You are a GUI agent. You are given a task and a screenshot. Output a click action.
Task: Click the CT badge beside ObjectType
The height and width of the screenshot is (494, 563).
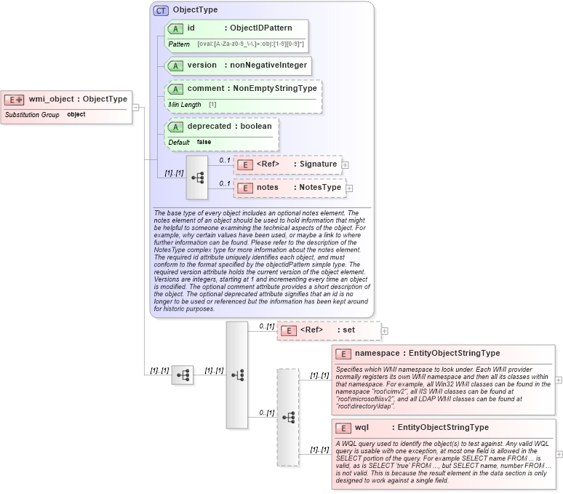pos(161,10)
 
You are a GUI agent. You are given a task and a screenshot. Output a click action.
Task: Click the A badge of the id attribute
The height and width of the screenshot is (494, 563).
pos(175,28)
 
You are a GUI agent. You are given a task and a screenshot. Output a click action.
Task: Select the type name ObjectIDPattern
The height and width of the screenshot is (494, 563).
pos(261,28)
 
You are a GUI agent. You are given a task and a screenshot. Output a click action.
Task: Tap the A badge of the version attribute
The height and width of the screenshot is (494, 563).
pos(175,65)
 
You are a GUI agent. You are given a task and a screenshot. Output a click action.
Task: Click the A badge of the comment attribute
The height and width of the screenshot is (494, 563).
pos(175,89)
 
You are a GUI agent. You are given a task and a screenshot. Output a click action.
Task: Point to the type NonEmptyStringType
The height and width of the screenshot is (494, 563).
pos(275,89)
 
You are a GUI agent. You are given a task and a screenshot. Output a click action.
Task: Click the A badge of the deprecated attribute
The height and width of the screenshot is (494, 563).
pos(175,127)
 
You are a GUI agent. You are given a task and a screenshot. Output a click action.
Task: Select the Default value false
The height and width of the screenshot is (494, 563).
pos(204,142)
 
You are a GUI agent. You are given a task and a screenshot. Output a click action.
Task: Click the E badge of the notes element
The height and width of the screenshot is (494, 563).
pos(245,188)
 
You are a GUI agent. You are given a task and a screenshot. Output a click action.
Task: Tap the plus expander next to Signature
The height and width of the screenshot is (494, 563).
pos(346,164)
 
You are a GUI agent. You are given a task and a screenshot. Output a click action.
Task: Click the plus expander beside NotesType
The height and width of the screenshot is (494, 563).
pos(349,188)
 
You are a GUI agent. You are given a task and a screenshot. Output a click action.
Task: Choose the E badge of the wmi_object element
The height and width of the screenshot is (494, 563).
pos(15,100)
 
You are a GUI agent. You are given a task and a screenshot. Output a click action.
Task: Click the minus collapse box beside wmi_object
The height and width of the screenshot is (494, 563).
pos(135,108)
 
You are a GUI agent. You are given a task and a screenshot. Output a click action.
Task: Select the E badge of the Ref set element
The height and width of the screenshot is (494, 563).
pos(289,330)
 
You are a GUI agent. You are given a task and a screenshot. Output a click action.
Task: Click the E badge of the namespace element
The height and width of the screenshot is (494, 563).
pos(343,354)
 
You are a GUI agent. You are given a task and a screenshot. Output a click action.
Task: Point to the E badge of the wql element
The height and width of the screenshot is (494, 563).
pos(343,428)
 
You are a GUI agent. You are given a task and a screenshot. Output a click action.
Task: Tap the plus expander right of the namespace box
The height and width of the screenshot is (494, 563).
pos(558,380)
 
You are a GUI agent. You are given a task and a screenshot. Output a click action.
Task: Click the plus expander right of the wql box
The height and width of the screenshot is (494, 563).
pos(558,453)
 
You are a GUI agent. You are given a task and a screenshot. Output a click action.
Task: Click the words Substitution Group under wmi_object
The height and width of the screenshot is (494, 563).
pos(32,115)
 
